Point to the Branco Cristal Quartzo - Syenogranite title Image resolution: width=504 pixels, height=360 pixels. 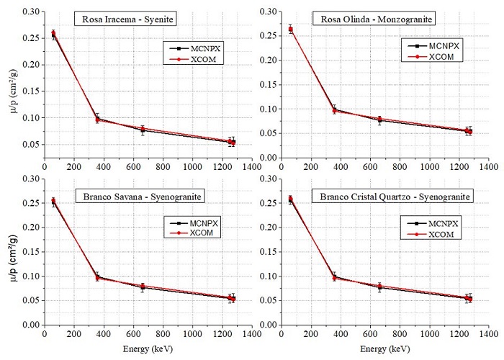392,196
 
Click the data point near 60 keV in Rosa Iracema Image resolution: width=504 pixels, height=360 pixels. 53,34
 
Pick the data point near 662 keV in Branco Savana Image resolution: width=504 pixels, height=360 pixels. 143,287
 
